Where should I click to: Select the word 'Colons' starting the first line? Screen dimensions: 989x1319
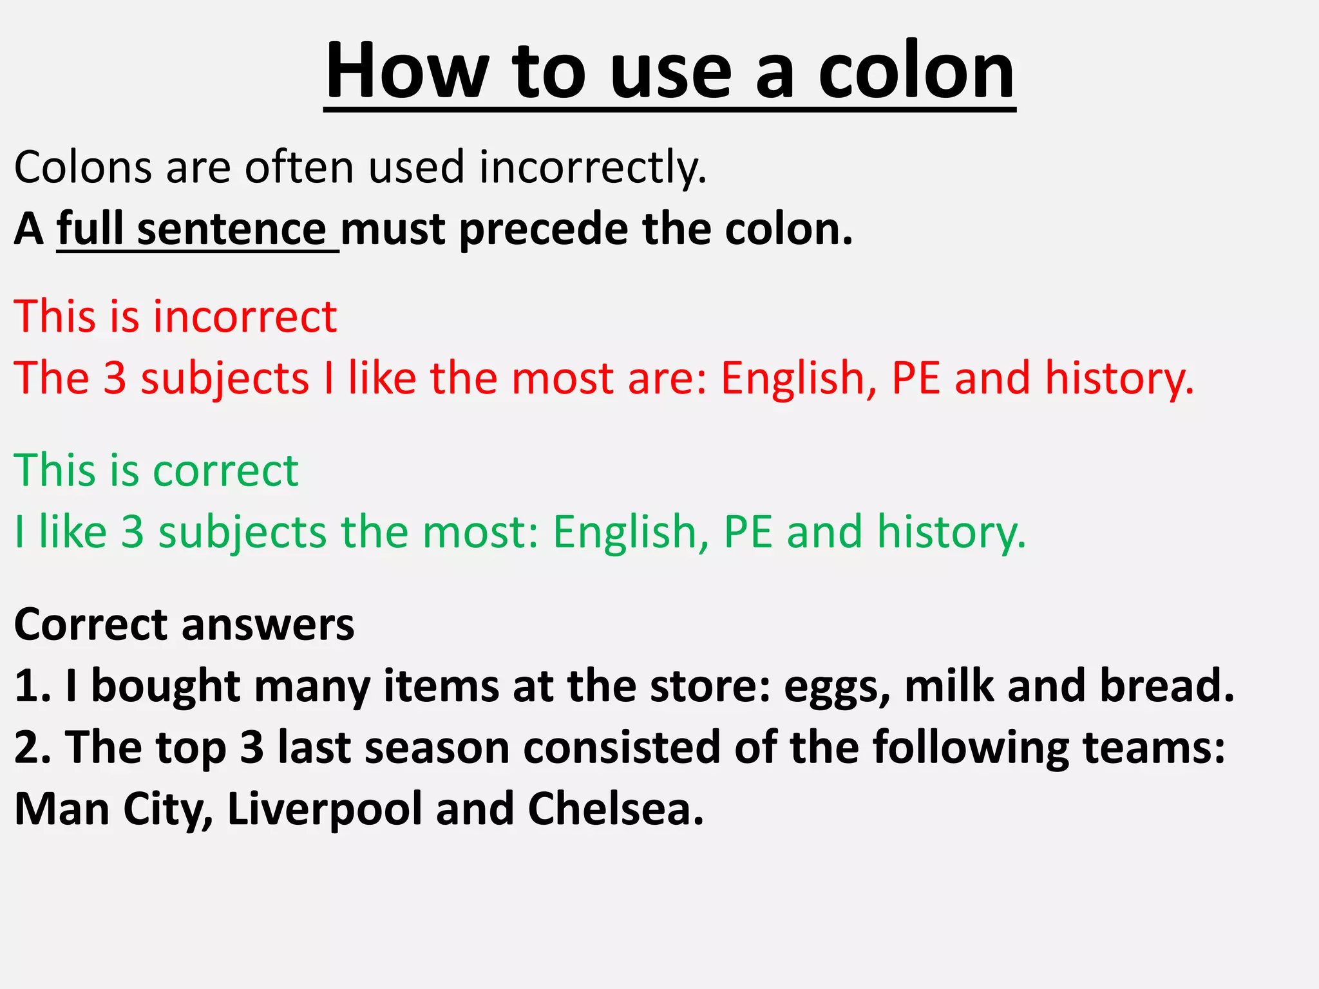82,167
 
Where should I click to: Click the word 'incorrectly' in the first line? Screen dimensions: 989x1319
593,167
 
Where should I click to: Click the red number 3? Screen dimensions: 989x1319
115,378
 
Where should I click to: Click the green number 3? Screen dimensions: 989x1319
132,532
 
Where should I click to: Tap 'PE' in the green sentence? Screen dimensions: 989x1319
748,532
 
